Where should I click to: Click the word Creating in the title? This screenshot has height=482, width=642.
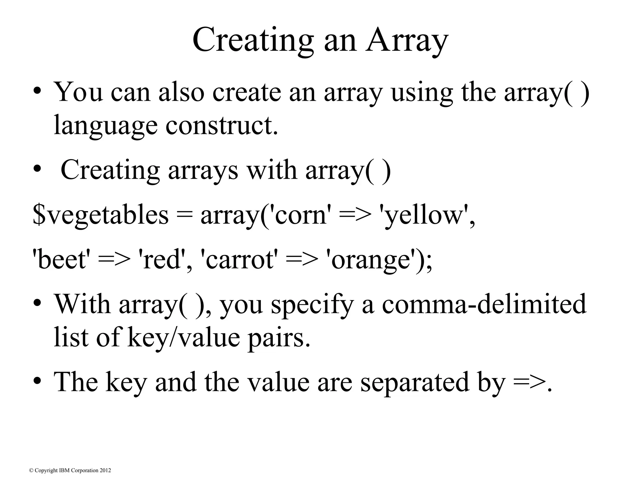(253, 41)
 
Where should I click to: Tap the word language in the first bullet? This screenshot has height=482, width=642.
(105, 125)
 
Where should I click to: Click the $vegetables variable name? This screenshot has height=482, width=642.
(101, 216)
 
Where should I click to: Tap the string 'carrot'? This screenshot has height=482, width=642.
(239, 260)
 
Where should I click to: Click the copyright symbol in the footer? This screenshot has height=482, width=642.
(31, 470)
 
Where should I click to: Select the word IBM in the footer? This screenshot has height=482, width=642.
(64, 470)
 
